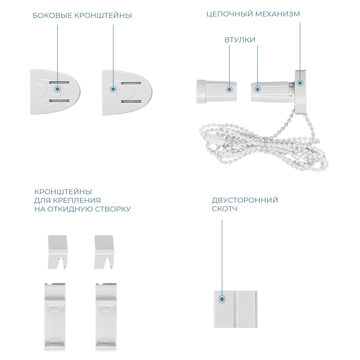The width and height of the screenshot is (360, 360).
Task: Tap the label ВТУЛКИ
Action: (x=240, y=40)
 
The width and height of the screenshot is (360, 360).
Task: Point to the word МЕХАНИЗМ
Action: (x=278, y=14)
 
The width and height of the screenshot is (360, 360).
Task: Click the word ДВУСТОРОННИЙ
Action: (x=245, y=200)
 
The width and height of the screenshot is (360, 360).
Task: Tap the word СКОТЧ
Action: (x=225, y=209)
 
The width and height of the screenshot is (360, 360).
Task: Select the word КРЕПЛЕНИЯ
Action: (x=77, y=201)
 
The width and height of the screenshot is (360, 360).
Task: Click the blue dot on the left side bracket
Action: (x=58, y=89)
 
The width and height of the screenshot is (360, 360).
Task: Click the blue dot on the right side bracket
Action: (x=113, y=89)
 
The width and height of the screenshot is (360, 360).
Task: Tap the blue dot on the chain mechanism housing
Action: (x=300, y=83)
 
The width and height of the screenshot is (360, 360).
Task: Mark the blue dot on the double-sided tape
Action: (x=222, y=299)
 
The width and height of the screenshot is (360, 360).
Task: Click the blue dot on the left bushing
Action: (x=229, y=89)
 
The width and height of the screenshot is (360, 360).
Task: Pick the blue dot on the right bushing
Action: (x=258, y=89)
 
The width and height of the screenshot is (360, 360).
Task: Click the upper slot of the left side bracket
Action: (x=59, y=82)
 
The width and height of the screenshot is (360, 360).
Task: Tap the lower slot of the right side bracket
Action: (x=131, y=101)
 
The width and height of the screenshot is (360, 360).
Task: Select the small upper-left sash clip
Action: (x=58, y=252)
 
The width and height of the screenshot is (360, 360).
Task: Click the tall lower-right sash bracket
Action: (x=106, y=317)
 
